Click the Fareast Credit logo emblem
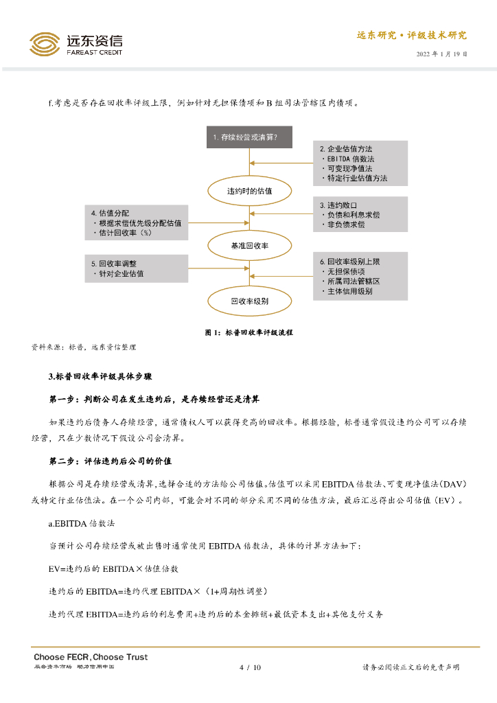tap(45, 45)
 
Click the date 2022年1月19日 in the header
tap(441, 54)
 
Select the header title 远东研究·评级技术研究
tap(411, 36)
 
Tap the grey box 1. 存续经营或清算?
tap(249, 137)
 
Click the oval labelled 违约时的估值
tap(249, 191)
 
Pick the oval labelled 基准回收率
tap(249, 245)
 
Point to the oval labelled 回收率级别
tap(249, 301)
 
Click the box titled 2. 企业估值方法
tap(360, 163)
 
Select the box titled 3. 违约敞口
tap(360, 215)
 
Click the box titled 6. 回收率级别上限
tap(360, 276)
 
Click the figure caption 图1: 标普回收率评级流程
tap(249, 332)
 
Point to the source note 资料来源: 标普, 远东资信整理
tap(84, 347)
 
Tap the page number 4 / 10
tap(249, 667)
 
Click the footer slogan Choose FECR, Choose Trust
tap(91, 657)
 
